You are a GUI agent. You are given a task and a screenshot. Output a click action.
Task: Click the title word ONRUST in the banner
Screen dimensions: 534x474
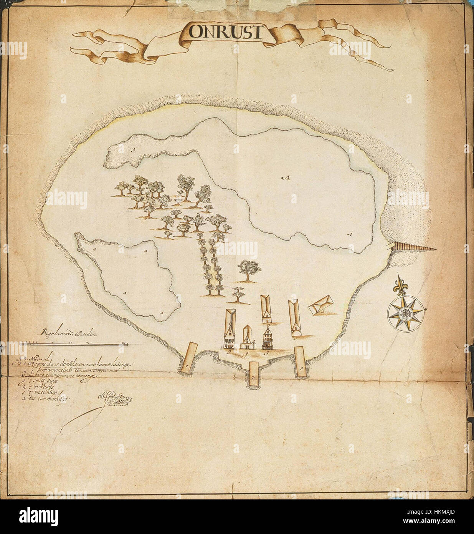(x=226, y=32)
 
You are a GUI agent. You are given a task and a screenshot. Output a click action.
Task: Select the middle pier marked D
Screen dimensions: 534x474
(x=254, y=376)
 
